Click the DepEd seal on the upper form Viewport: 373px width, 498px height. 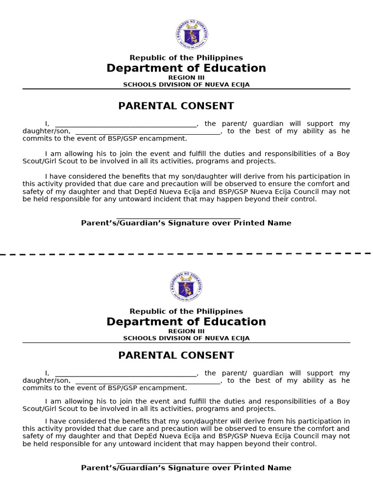click(x=192, y=35)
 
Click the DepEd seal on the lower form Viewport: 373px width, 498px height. click(x=186, y=286)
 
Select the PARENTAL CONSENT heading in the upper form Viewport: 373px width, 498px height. click(x=176, y=106)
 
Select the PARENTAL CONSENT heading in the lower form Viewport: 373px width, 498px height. click(x=176, y=356)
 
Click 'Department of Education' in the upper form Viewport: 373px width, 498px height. click(x=186, y=69)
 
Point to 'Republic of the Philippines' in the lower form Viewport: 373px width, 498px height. click(x=186, y=311)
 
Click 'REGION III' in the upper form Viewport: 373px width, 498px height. click(x=186, y=78)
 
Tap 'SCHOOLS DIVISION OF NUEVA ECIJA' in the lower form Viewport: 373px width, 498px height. click(x=186, y=338)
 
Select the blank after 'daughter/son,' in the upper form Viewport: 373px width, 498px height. click(x=148, y=132)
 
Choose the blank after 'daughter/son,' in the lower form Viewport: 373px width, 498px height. click(x=148, y=381)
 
